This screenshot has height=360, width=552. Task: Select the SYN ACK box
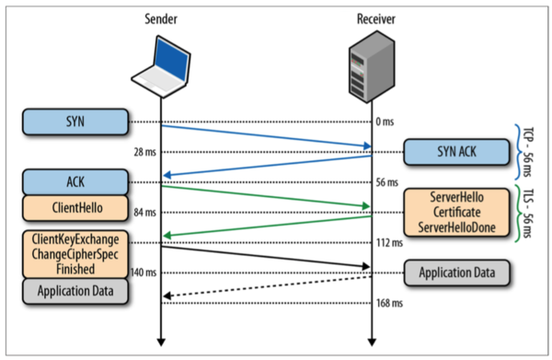pyautogui.click(x=454, y=152)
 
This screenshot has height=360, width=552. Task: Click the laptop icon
pyautogui.click(x=162, y=66)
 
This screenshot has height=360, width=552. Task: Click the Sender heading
pyautogui.click(x=161, y=17)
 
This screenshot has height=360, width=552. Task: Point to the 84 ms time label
pyautogui.click(x=144, y=213)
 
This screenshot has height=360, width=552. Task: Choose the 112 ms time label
pyautogui.click(x=390, y=243)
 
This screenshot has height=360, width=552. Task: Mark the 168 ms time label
pyautogui.click(x=390, y=302)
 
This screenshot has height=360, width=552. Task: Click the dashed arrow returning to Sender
pyautogui.click(x=267, y=285)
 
